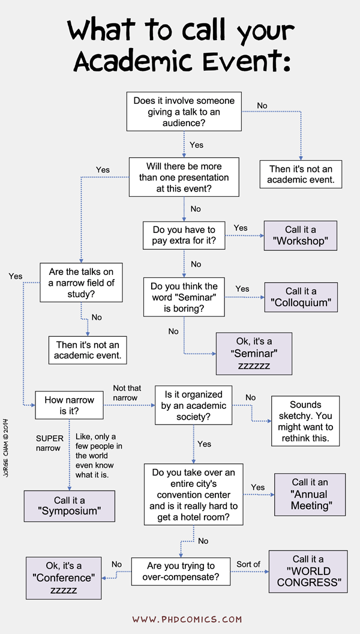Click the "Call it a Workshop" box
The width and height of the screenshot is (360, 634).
(301, 235)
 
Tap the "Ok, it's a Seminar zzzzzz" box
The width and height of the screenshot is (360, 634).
(254, 353)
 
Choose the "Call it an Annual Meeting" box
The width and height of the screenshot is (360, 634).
(310, 494)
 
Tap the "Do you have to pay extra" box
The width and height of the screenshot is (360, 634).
(184, 235)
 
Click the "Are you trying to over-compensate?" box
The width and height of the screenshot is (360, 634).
(181, 572)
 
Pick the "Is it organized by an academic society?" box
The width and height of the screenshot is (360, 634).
(193, 406)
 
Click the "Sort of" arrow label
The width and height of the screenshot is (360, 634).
(248, 564)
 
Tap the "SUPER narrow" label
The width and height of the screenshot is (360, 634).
(49, 443)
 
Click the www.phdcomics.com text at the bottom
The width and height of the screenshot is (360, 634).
(187, 618)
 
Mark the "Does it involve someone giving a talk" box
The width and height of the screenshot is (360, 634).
(184, 111)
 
